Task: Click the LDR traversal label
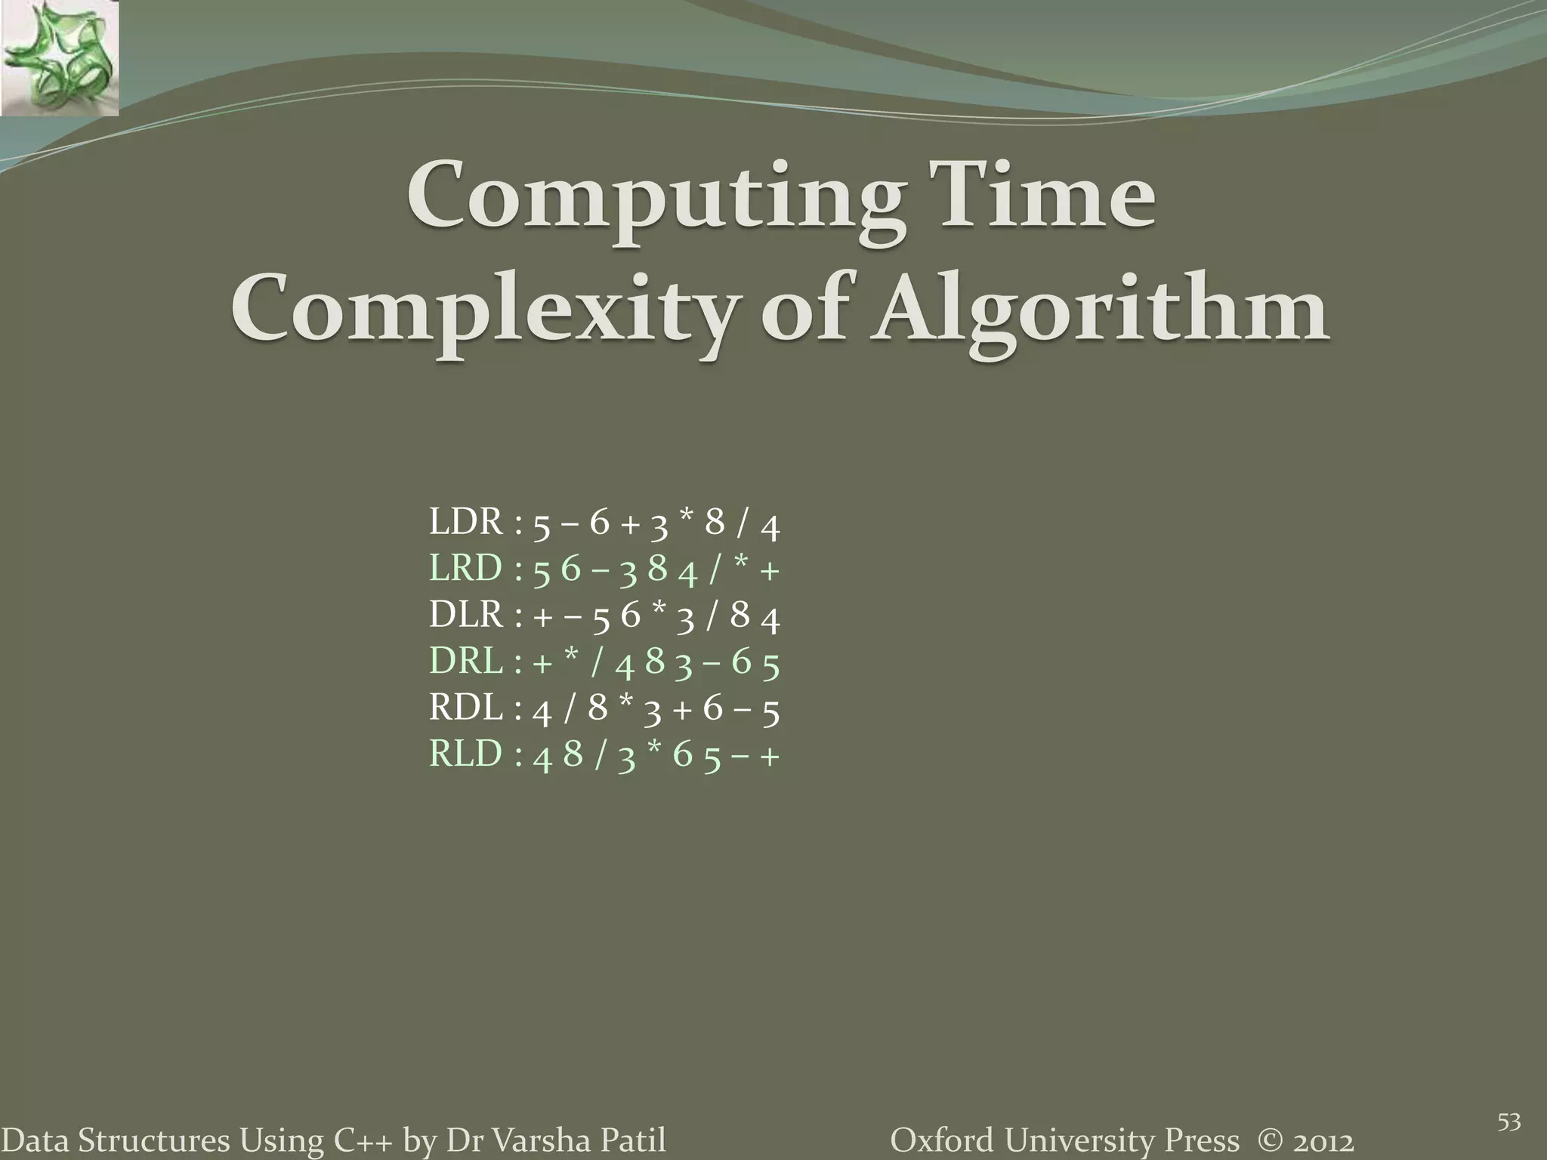tap(465, 522)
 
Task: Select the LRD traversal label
tap(465, 569)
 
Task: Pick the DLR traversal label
tap(465, 615)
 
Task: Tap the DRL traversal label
tap(465, 662)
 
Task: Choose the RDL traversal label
tap(465, 708)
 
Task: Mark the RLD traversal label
tap(465, 754)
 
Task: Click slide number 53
tap(1508, 1123)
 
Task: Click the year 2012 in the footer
tap(1321, 1140)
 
